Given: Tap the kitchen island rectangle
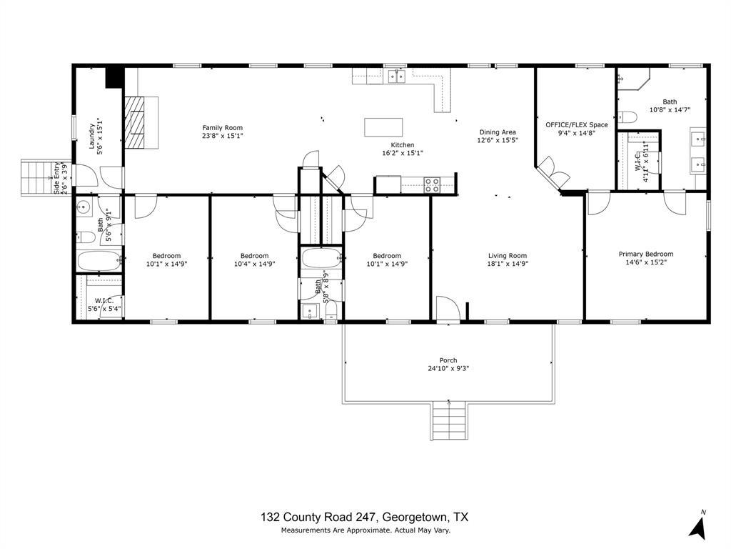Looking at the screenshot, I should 383,127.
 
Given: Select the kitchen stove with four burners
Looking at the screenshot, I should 432,184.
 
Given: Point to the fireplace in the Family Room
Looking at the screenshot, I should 135,122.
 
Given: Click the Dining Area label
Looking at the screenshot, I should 497,132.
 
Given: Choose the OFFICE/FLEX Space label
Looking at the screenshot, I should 577,124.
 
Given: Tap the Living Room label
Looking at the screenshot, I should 507,256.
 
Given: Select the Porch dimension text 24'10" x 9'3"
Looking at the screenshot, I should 448,369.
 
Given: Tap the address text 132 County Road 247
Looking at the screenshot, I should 318,518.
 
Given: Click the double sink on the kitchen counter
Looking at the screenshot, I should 395,75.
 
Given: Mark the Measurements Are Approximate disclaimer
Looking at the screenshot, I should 365,530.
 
